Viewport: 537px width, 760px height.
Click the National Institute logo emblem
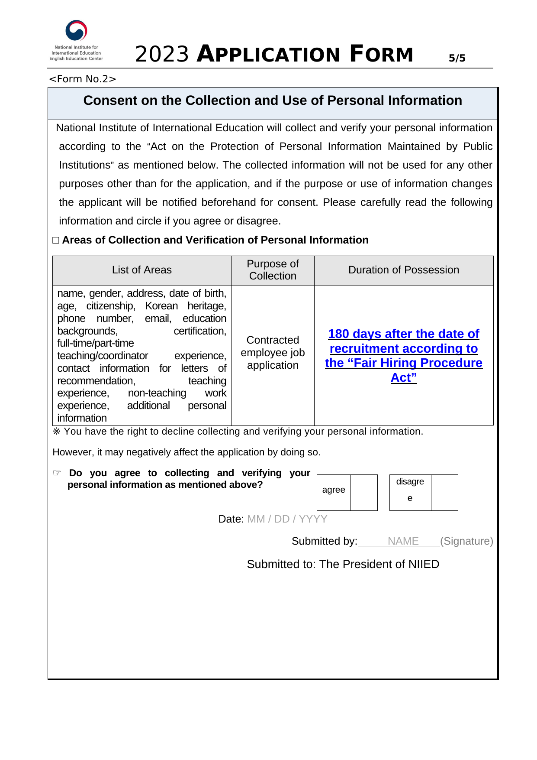(76, 31)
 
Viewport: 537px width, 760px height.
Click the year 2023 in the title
(162, 55)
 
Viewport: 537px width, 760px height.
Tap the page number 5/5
(457, 58)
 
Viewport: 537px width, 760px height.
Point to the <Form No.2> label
(83, 79)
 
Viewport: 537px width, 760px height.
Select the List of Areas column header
(141, 270)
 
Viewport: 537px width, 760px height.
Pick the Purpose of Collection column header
(273, 270)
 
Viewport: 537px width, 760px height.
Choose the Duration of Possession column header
(403, 270)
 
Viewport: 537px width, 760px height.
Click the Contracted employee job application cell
(273, 353)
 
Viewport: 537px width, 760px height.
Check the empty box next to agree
(364, 492)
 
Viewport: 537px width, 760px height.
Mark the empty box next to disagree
(444, 492)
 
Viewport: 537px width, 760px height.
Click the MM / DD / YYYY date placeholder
(287, 519)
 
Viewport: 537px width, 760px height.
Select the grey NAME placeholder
(403, 541)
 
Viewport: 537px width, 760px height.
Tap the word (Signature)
(466, 541)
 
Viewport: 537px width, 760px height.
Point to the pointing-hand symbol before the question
(57, 473)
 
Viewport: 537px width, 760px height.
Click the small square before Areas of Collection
(56, 240)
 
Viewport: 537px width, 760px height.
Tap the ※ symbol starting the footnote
(57, 432)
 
